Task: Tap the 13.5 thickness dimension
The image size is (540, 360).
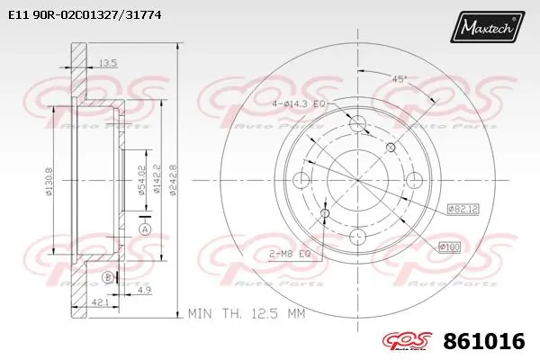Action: (107, 63)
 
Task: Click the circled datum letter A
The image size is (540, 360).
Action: (144, 229)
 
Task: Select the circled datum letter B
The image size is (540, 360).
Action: (107, 276)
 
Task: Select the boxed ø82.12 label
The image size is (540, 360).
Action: (461, 210)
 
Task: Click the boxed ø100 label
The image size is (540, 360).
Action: (449, 247)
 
